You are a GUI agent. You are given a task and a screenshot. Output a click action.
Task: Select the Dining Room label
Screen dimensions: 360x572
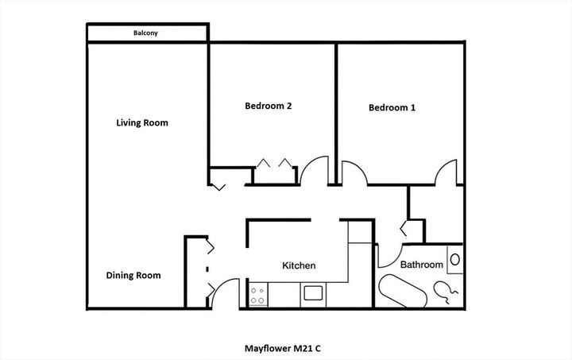(x=133, y=276)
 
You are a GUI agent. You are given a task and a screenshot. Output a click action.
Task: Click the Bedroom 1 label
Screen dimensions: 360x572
(x=392, y=107)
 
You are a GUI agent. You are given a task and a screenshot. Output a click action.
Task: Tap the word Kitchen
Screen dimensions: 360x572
(x=300, y=265)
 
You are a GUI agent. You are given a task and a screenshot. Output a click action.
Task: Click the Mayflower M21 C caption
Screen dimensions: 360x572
(x=285, y=347)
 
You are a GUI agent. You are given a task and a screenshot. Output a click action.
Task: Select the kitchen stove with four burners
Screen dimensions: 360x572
(x=258, y=296)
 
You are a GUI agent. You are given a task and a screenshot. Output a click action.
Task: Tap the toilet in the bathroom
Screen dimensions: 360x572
(x=446, y=293)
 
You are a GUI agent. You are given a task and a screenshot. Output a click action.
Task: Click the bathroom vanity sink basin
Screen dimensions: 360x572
(x=455, y=259)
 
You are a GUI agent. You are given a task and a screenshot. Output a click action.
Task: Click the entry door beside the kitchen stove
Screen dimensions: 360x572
(x=223, y=293)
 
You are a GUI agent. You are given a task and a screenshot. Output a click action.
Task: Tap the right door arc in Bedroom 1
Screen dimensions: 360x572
(x=446, y=172)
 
